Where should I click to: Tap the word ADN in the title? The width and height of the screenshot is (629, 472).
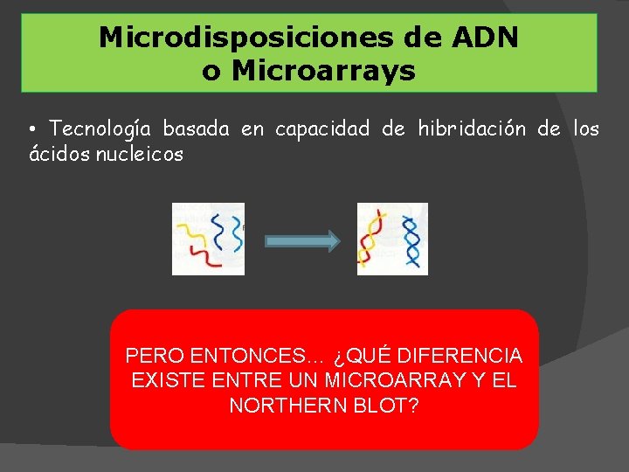[x=487, y=38]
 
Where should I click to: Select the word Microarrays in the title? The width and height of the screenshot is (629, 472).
[x=323, y=71]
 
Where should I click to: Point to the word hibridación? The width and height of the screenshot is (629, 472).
[x=472, y=129]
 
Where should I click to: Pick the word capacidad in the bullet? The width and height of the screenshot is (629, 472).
[x=322, y=129]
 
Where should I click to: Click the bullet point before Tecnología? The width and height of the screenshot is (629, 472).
[x=32, y=130]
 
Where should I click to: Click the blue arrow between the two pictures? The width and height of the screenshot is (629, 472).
[x=301, y=242]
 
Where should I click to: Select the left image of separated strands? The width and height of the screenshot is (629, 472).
[x=208, y=239]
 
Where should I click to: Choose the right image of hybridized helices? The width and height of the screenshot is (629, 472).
[x=392, y=239]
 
